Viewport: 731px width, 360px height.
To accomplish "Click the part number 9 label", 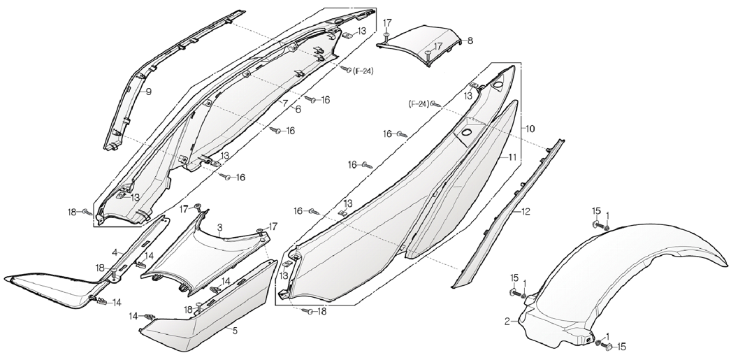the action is [148, 92].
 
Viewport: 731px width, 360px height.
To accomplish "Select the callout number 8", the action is [470, 41].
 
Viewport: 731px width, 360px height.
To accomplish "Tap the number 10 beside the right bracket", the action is [530, 128].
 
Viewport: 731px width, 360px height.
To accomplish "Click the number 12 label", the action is [526, 212].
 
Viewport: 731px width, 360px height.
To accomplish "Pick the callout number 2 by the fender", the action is [507, 321].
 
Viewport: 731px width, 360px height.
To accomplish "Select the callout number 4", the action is [115, 253].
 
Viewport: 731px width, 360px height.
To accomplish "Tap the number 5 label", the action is [235, 331].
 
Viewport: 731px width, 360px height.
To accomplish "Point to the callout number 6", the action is [298, 109].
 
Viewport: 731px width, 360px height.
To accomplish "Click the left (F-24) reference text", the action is [419, 104].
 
